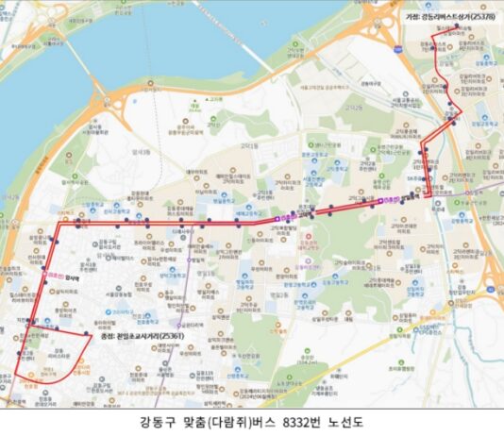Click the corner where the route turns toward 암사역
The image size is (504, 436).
click(58, 226)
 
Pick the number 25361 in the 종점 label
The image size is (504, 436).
click(172, 335)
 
